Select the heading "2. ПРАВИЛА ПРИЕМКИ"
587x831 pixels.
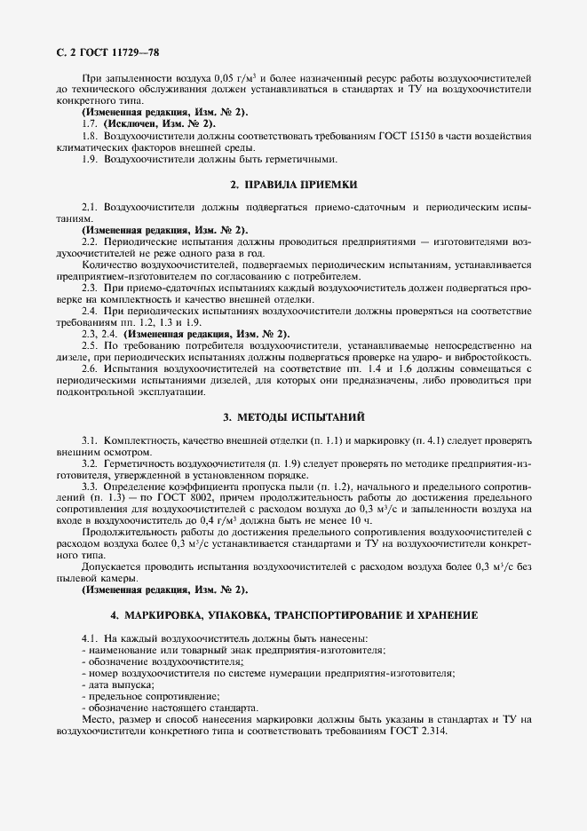click(x=293, y=185)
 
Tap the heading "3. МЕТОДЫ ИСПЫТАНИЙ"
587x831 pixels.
click(x=293, y=416)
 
